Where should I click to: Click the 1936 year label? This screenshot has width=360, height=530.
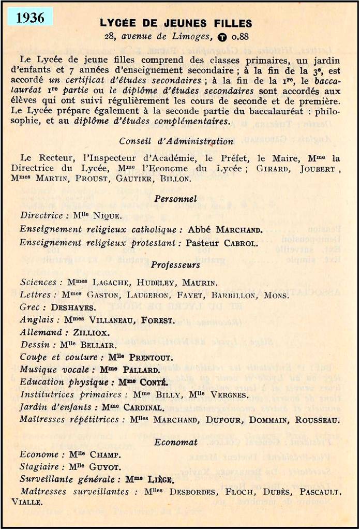point(30,17)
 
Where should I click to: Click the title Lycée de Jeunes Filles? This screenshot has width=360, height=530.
point(176,23)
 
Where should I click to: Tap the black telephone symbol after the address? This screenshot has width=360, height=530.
point(222,37)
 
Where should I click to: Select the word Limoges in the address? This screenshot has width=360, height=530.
point(194,36)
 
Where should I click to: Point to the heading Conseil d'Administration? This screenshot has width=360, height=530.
point(176,141)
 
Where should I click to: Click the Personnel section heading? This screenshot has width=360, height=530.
point(175,198)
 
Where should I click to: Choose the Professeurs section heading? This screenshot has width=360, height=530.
point(175,265)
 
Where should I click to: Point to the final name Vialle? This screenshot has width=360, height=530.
point(32,501)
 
